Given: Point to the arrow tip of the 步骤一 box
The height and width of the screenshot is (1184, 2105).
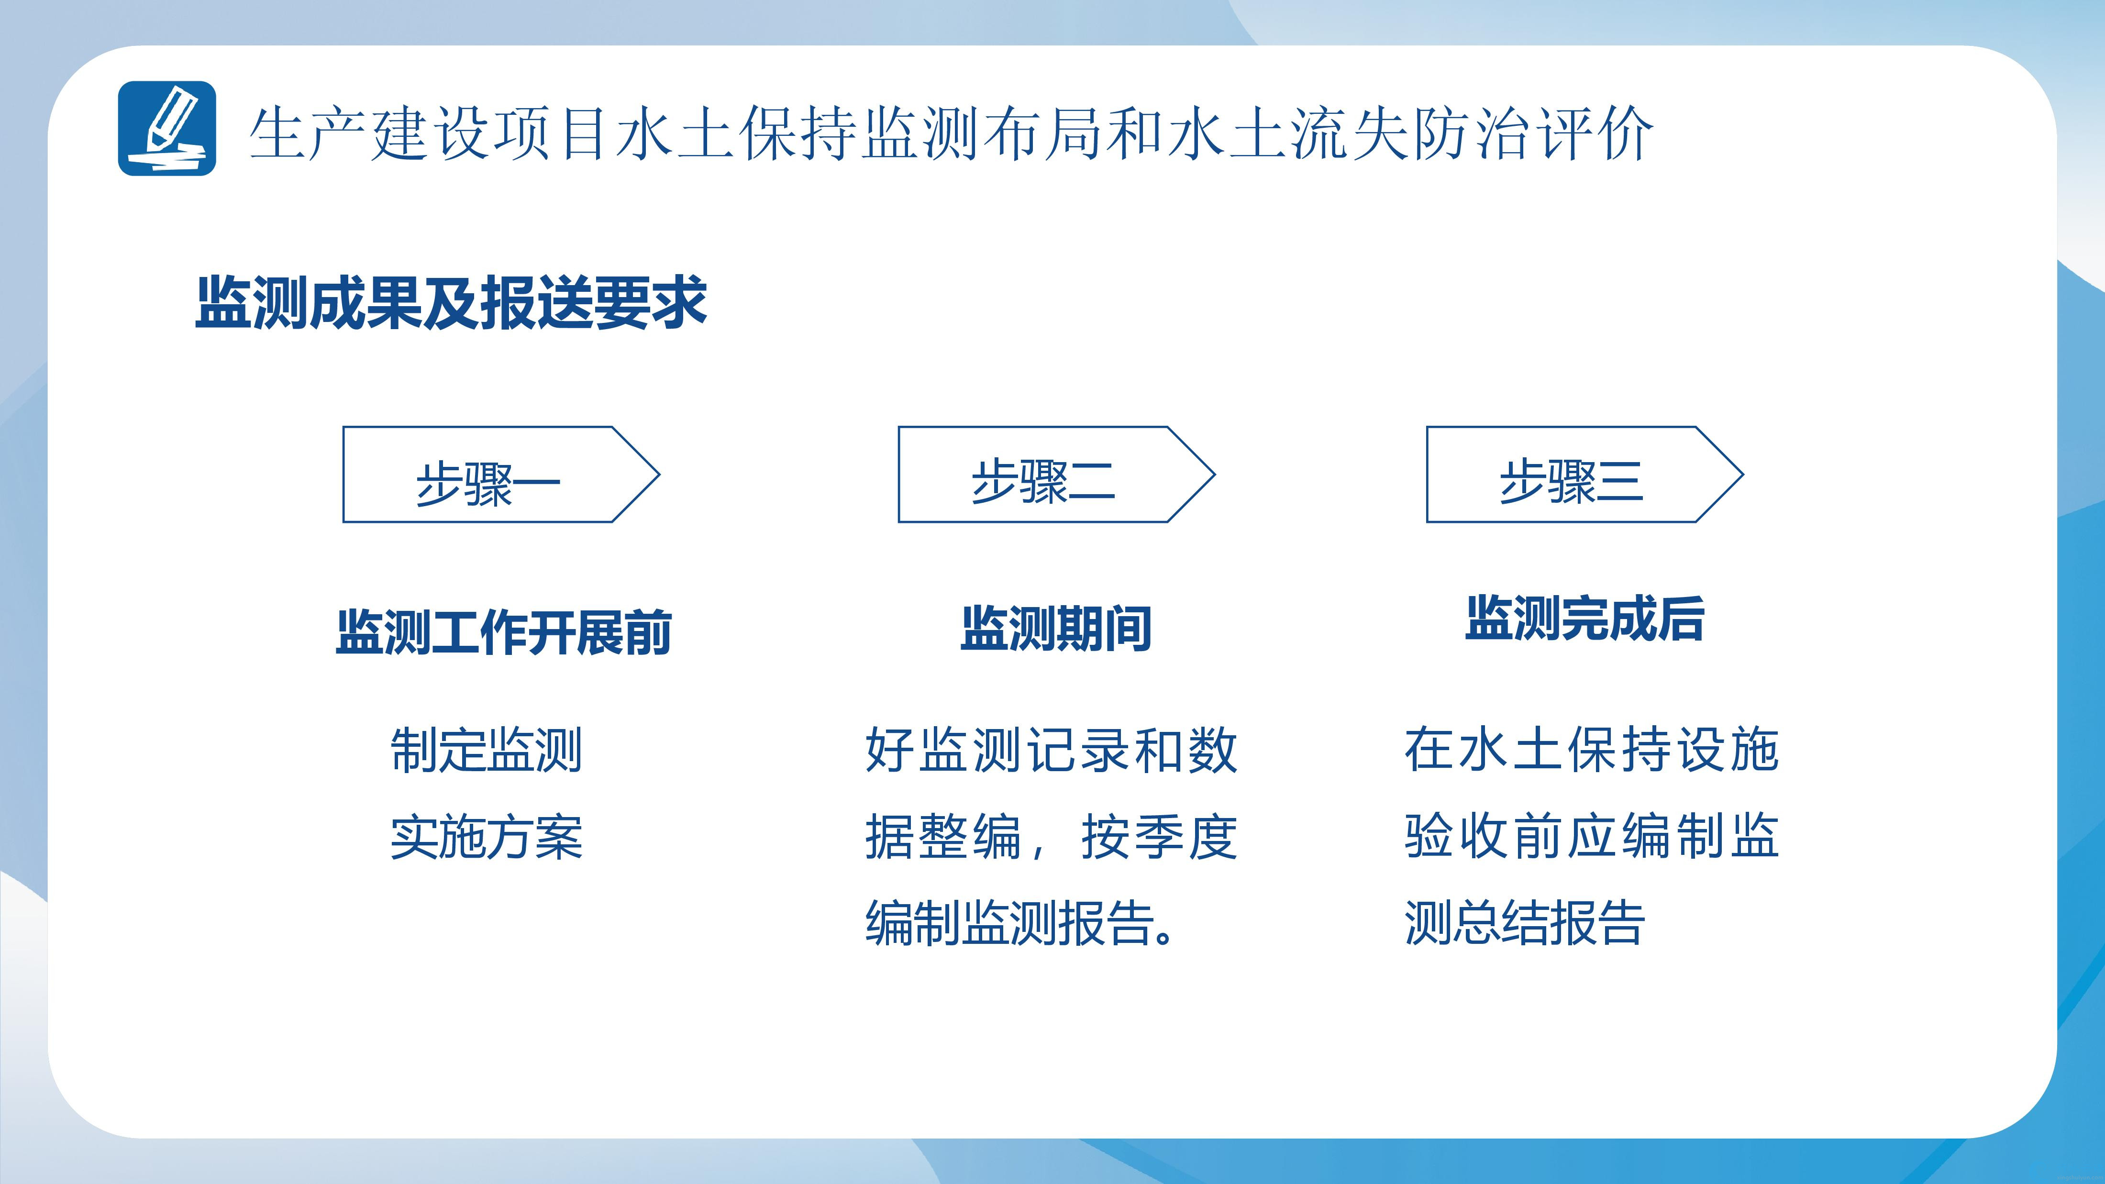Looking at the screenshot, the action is coord(659,474).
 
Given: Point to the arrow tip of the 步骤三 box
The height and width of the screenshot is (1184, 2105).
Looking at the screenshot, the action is coord(1743,474).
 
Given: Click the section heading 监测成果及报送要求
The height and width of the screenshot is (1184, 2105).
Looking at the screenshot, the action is coord(451,303).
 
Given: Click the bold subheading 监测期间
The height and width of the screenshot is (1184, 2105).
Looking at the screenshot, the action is coord(1056,629).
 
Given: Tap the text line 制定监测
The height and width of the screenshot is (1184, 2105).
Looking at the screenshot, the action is coord(486,750).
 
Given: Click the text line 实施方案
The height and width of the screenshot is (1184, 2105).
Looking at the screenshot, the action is coord(486,837).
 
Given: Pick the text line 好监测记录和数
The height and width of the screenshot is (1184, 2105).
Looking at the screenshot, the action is coord(1052,750).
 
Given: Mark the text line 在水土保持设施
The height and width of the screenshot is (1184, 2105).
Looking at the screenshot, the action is coord(1592,750).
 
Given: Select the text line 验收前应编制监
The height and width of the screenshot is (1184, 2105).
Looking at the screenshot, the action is coord(1592,837).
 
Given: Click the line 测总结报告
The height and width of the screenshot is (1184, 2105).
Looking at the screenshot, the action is coord(1525,923).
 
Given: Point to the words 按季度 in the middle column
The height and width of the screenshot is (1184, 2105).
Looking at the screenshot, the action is coord(1160,837).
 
